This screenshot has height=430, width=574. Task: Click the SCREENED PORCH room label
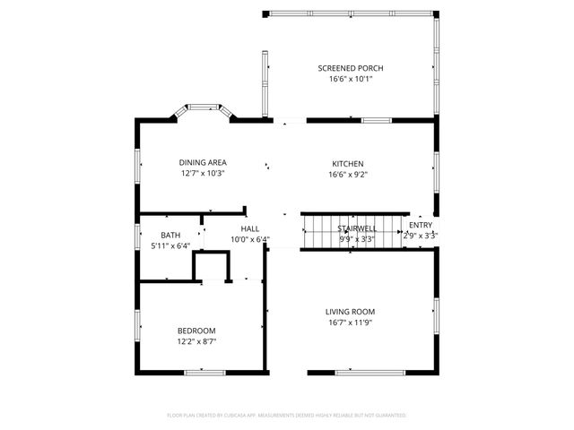point(351,68)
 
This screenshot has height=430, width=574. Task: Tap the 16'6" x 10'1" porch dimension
point(351,79)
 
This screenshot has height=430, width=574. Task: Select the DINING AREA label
point(202,163)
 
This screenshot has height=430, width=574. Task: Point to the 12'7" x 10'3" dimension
point(202,174)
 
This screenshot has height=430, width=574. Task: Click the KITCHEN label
point(347,164)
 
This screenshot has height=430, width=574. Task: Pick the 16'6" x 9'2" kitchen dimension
point(347,175)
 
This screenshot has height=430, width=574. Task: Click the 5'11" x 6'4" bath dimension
point(170,245)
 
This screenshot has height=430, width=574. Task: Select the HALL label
point(249,229)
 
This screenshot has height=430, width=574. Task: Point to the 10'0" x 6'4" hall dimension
point(249,239)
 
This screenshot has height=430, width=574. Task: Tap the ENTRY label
point(420,225)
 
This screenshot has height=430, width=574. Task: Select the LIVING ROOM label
point(350,312)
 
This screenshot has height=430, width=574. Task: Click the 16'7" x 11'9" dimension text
point(350,322)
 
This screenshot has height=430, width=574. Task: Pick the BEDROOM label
point(196,331)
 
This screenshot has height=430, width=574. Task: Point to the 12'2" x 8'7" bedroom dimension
point(196,341)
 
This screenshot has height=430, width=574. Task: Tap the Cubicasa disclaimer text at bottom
point(287,416)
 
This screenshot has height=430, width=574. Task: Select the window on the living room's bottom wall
point(356,372)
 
